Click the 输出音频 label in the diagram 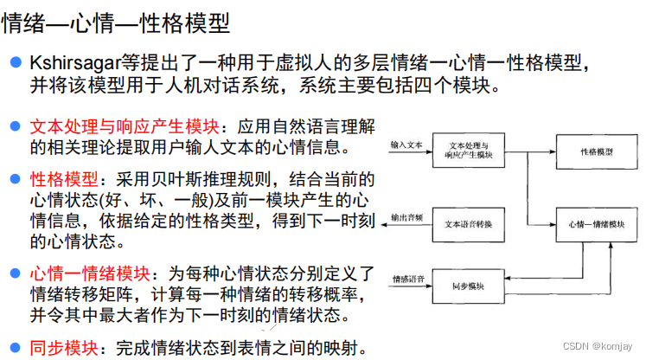[406, 216]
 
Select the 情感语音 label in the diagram [406, 278]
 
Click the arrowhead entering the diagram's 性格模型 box [551, 151]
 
